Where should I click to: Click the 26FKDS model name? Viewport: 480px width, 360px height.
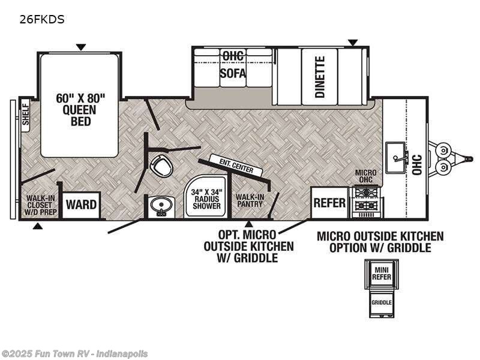click(42, 19)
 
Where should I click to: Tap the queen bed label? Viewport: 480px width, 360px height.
click(80, 109)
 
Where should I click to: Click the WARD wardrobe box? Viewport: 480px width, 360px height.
click(81, 205)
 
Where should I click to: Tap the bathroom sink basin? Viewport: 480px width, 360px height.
click(160, 208)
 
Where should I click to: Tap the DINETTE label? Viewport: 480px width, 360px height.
click(320, 77)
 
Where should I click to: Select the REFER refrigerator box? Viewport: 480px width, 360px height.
click(329, 203)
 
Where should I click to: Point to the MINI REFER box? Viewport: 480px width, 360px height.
click(380, 273)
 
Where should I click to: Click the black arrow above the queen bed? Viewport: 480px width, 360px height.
click(80, 47)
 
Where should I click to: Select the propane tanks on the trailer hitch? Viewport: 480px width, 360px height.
click(445, 157)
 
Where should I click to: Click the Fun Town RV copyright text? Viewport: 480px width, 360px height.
click(74, 354)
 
